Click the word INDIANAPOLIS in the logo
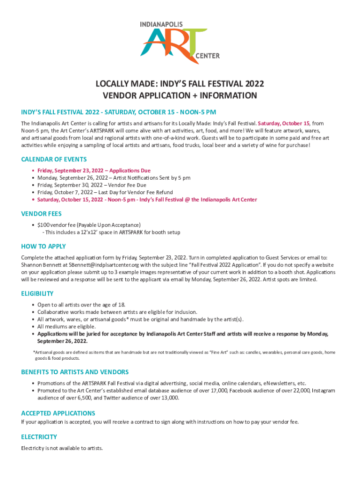point(161,24)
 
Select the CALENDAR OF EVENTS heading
point(54,160)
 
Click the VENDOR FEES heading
point(41,213)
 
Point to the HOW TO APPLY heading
point(43,246)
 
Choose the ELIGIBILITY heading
point(37,293)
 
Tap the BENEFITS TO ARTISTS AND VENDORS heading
point(75,372)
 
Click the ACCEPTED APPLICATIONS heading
point(58,413)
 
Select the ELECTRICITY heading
point(39,436)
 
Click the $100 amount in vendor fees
point(43,225)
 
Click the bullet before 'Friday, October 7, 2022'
point(32,192)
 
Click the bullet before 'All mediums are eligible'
point(32,327)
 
